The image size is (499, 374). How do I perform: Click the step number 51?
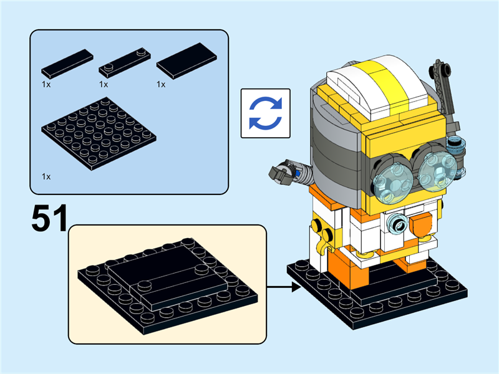(49, 219)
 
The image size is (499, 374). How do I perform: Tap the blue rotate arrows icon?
(266, 113)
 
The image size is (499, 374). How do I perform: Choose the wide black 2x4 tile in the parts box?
(187, 60)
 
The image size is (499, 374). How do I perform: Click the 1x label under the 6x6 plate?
(46, 177)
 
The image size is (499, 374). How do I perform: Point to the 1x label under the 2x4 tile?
(161, 84)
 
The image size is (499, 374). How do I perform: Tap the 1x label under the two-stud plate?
(104, 84)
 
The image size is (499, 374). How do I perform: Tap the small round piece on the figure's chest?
(397, 223)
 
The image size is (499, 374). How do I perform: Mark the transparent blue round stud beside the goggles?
(457, 145)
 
